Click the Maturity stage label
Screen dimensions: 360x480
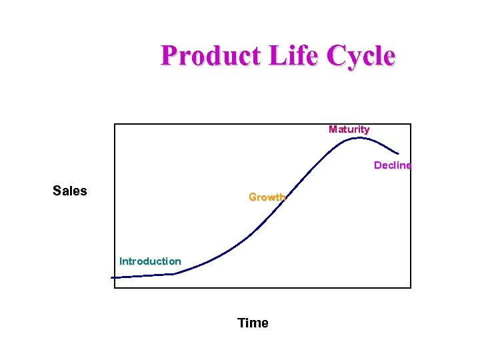pyautogui.click(x=349, y=129)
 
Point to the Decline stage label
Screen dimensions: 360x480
pyautogui.click(x=392, y=165)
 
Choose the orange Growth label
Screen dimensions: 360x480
pyautogui.click(x=267, y=197)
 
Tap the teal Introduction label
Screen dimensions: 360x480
pyautogui.click(x=150, y=261)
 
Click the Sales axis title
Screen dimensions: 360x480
pyautogui.click(x=70, y=191)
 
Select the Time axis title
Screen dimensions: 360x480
pyautogui.click(x=253, y=323)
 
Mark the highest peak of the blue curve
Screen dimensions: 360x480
pyautogui.click(x=359, y=138)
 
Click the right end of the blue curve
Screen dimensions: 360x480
pyautogui.click(x=399, y=153)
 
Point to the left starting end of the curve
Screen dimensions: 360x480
pyautogui.click(x=112, y=277)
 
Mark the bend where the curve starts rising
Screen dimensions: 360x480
pyautogui.click(x=175, y=273)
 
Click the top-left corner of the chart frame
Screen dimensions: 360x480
pyautogui.click(x=115, y=124)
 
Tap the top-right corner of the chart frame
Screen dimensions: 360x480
pyautogui.click(x=411, y=124)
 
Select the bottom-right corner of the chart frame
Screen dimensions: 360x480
pyautogui.click(x=411, y=288)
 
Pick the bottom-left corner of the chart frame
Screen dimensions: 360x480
pyautogui.click(x=115, y=288)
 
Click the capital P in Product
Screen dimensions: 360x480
pyautogui.click(x=169, y=56)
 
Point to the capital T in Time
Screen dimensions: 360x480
pyautogui.click(x=241, y=323)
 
